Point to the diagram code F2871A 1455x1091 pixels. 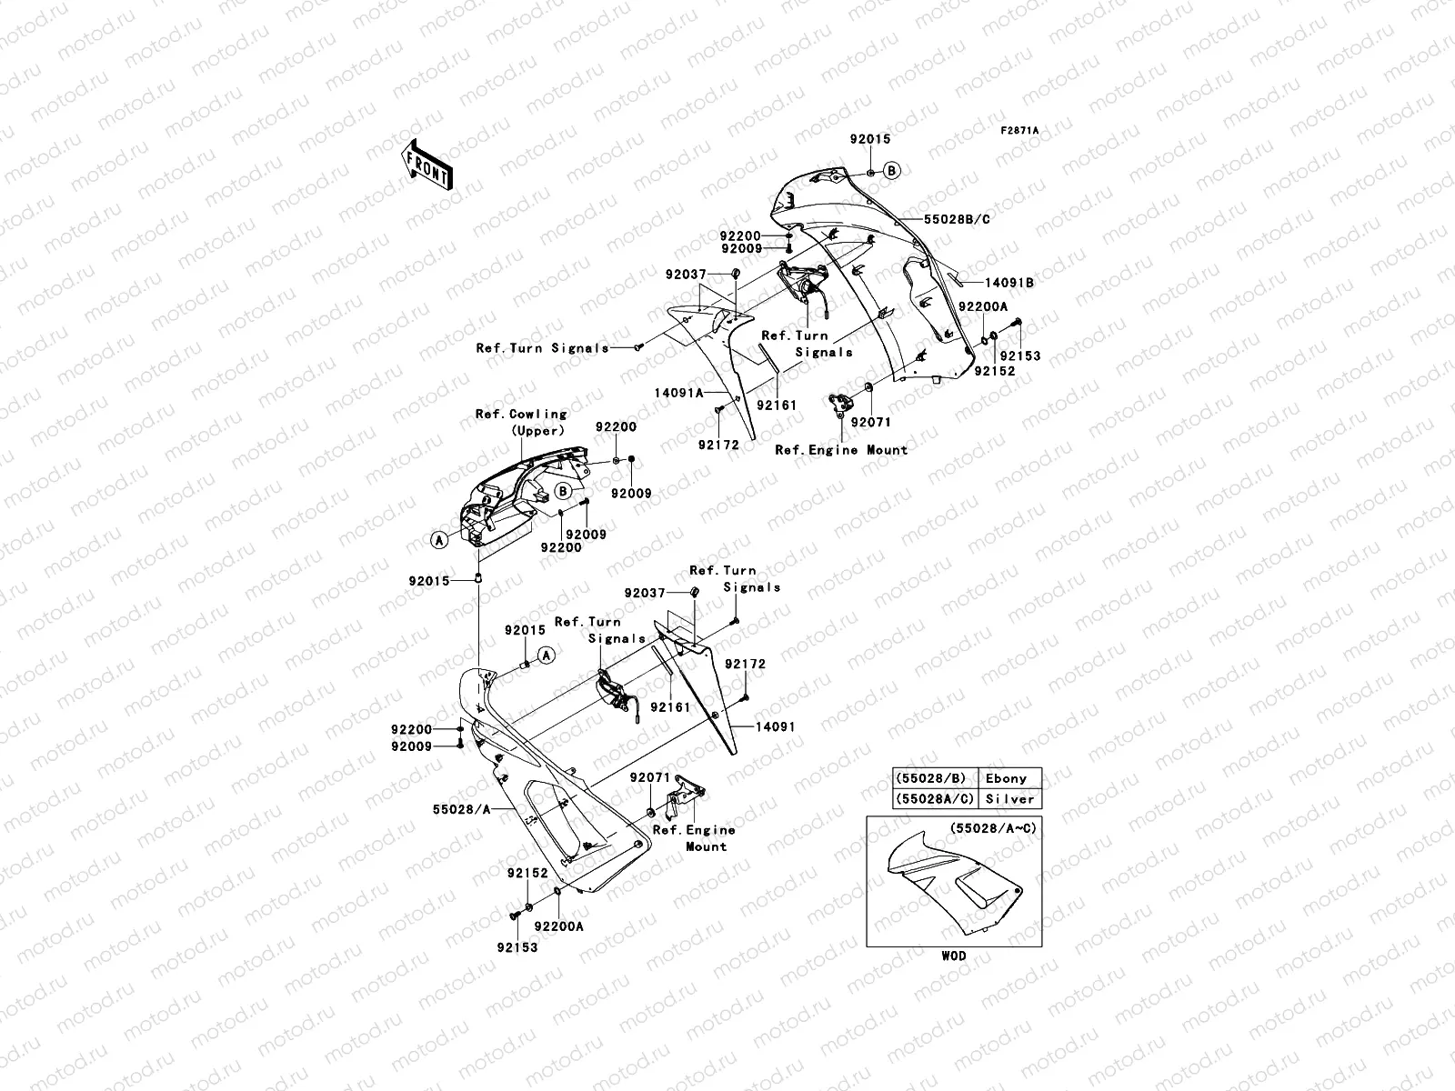pyautogui.click(x=1019, y=131)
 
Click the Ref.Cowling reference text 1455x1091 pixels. pyautogui.click(x=521, y=415)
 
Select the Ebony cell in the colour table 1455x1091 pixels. pyautogui.click(x=1006, y=778)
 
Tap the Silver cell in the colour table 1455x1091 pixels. pyautogui.click(x=1009, y=799)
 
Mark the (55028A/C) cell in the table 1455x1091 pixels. pyautogui.click(x=930, y=799)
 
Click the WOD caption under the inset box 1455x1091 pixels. pyautogui.click(x=954, y=956)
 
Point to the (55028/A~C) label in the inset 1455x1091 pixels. pyautogui.click(x=993, y=828)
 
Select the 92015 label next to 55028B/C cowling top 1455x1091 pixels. pyautogui.click(x=870, y=140)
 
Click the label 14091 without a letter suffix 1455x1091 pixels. pyautogui.click(x=774, y=727)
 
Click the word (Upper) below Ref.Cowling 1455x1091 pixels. pyautogui.click(x=537, y=431)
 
